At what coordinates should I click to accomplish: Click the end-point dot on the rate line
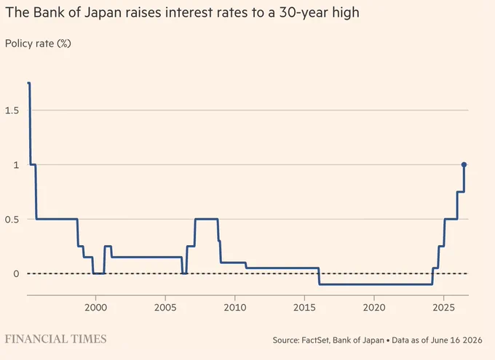point(464,164)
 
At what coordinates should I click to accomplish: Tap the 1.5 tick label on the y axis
point(12,111)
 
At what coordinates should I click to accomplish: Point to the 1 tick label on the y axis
point(17,164)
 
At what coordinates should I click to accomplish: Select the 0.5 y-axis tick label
point(12,220)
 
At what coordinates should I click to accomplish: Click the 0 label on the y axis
point(16,273)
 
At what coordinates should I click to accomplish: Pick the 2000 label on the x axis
point(95,308)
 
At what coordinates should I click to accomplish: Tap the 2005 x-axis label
point(165,308)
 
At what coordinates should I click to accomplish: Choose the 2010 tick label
point(235,308)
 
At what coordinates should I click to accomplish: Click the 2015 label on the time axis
point(304,308)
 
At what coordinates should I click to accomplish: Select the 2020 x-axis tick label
point(374,308)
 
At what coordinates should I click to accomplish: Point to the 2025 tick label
point(443,308)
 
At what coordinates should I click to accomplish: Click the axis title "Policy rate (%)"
point(38,44)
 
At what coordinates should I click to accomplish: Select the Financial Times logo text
point(55,339)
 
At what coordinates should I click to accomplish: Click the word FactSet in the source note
point(315,340)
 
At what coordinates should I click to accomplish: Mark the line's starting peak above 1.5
point(29,84)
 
